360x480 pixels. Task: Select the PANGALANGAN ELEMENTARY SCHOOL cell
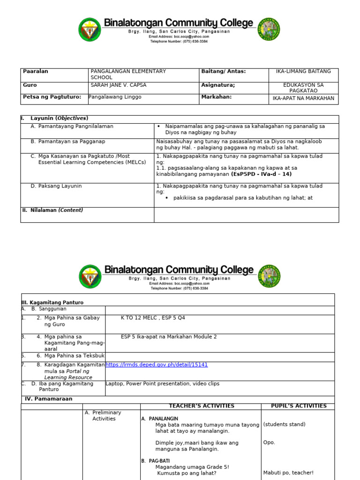coord(128,74)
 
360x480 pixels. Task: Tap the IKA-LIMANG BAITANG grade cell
coord(303,71)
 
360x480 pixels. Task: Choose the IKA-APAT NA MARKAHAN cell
coord(303,98)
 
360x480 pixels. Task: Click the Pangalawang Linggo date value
coord(116,97)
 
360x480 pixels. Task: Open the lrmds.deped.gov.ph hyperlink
coord(157,365)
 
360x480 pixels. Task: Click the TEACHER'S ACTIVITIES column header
coord(201,406)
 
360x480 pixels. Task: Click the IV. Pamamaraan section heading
coord(48,399)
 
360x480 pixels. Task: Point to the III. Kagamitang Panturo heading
coord(52,303)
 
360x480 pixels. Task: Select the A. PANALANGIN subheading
coord(159,419)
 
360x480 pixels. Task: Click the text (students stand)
coord(284,424)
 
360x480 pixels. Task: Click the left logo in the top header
coord(90,29)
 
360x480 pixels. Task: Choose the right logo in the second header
coord(269,276)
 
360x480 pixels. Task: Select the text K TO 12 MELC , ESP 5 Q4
coord(153,318)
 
